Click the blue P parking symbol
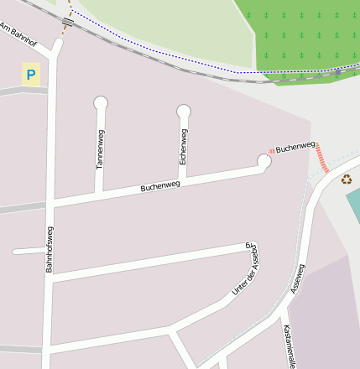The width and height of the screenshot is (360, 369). tap(31, 75)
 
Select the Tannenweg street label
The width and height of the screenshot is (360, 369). tap(100, 150)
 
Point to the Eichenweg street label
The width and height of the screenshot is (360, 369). tap(183, 146)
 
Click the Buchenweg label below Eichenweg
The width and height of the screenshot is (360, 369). tap(160, 184)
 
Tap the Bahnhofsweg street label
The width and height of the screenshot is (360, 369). tap(50, 249)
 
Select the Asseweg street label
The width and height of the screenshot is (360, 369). tap(298, 278)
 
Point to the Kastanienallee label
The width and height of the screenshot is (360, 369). tap(289, 346)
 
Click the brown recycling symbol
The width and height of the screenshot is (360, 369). tap(346, 179)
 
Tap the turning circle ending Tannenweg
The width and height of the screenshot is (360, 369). tap(102, 103)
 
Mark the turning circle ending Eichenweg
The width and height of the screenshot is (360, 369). tap(184, 110)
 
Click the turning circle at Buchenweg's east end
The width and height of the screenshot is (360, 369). tap(264, 161)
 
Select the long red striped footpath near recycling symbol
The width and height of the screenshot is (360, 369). tap(322, 158)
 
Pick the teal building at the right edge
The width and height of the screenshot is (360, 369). tap(353, 205)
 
